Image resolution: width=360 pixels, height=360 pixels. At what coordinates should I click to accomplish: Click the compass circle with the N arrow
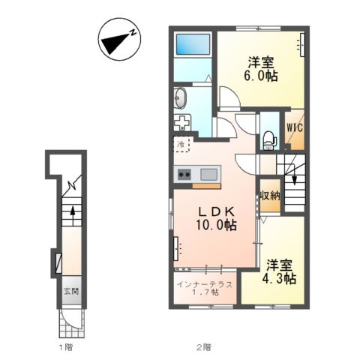pyautogui.click(x=119, y=39)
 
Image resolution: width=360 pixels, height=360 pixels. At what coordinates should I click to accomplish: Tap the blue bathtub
pyautogui.click(x=193, y=44)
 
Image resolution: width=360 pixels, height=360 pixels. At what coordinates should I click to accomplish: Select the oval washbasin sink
pyautogui.click(x=180, y=98)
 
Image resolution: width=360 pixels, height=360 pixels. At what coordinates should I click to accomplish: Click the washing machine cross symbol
pyautogui.click(x=182, y=122)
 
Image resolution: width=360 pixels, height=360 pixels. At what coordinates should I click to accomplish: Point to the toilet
pyautogui.click(x=269, y=141)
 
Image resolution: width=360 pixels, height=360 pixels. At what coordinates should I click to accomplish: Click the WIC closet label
pyautogui.click(x=295, y=127)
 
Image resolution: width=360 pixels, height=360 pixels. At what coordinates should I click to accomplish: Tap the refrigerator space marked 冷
pyautogui.click(x=182, y=144)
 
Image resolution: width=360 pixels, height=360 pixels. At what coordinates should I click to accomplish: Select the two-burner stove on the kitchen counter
pyautogui.click(x=184, y=174)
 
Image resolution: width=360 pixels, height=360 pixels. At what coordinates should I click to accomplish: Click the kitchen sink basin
pyautogui.click(x=208, y=174)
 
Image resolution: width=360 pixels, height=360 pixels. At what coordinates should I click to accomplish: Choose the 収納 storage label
pyautogui.click(x=270, y=196)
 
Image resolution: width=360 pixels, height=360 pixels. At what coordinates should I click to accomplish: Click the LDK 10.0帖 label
pyautogui.click(x=217, y=219)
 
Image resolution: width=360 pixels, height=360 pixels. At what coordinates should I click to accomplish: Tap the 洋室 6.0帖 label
pyautogui.click(x=261, y=69)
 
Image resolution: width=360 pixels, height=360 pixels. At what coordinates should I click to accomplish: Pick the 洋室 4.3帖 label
pyautogui.click(x=279, y=272)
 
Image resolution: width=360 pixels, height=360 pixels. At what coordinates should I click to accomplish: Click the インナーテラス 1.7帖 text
pyautogui.click(x=205, y=288)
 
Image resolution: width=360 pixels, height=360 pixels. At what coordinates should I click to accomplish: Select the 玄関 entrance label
pyautogui.click(x=71, y=291)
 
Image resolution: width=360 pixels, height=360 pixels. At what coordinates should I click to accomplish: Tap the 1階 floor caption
pyautogui.click(x=66, y=347)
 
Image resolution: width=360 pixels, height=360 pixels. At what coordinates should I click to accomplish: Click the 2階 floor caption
pyautogui.click(x=203, y=347)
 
